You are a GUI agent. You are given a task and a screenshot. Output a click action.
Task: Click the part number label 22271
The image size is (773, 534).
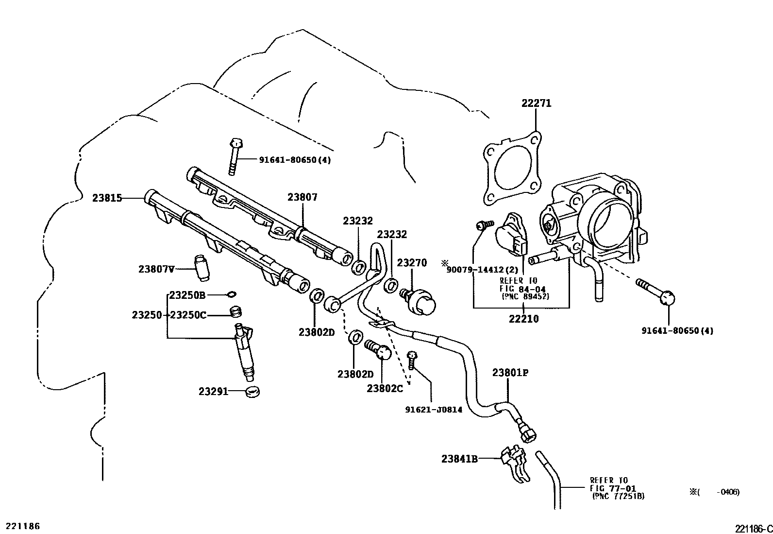pos(537,103)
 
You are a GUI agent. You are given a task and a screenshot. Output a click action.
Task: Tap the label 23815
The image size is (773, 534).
pos(107,198)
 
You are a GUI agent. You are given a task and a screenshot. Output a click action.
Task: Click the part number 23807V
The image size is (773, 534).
pos(156,268)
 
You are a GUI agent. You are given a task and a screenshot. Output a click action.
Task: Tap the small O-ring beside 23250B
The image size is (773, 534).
pos(231,294)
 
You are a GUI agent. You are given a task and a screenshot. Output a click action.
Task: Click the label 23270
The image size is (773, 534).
pos(412,263)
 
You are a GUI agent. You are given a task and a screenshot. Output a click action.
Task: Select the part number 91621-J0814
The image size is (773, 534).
pos(434,409)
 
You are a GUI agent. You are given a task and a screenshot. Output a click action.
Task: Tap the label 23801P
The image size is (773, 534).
pos(510,373)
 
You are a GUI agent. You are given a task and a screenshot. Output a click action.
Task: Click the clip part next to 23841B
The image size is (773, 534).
pos(515,465)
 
